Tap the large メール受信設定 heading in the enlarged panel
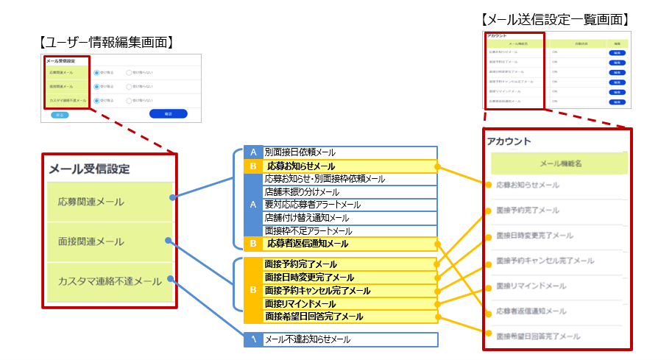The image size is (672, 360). coord(89,169)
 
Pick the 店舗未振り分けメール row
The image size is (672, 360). coord(302,191)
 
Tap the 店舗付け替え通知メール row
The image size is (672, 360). coord(307,217)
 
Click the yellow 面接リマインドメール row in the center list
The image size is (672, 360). coord(305,304)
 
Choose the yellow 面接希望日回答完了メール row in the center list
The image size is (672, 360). coord(314,317)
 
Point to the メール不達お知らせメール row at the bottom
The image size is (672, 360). coord(308,340)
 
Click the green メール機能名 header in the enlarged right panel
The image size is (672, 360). coord(559,163)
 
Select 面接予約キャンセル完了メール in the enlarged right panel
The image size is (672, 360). coord(545,261)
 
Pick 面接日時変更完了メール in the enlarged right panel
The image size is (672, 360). coord(534,236)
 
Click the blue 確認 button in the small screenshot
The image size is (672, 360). coord(168,114)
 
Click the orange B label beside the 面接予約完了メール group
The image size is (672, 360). coord(253,290)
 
